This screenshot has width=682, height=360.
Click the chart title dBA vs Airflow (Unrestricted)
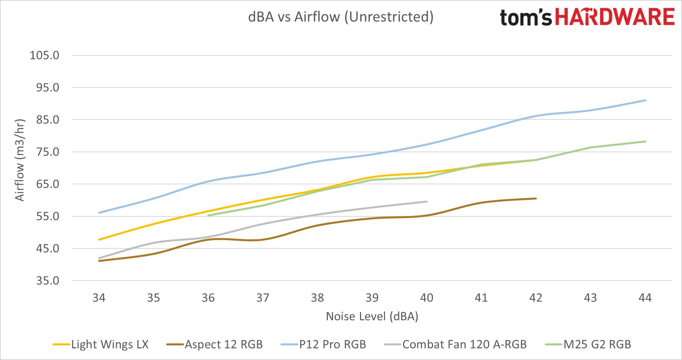[341, 17]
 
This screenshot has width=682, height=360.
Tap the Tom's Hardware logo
[587, 17]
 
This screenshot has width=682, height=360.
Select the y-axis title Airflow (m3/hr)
[20, 160]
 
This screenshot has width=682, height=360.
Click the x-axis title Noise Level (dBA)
[372, 316]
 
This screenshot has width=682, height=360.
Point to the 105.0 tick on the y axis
[45, 55]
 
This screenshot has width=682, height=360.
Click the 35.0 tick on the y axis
[47, 281]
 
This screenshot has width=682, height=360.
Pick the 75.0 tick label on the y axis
[47, 152]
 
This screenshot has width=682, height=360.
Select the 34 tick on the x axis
[99, 298]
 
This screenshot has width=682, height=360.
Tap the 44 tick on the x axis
[645, 298]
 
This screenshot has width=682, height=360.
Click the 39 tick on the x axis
[372, 298]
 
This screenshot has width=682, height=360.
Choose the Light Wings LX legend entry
[101, 345]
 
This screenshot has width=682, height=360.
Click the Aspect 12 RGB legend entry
[215, 345]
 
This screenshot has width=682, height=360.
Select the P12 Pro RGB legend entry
[324, 345]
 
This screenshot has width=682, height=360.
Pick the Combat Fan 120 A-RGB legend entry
[455, 345]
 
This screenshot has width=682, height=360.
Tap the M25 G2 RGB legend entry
[588, 345]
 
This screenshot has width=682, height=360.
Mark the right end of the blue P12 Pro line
[646, 100]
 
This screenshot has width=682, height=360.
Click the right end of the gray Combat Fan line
[427, 202]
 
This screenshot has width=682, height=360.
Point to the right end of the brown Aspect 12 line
[536, 199]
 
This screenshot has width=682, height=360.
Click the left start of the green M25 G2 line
[208, 216]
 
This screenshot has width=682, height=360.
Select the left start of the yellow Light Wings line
[99, 240]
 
